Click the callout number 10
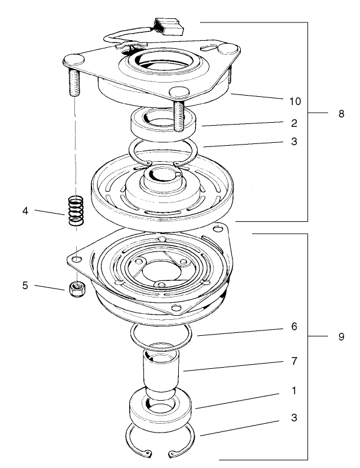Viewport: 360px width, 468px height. [294, 102]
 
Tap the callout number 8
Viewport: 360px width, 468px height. [341, 114]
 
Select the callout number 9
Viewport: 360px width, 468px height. [341, 337]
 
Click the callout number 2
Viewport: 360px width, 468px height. [294, 123]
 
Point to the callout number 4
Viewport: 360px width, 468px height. [25, 210]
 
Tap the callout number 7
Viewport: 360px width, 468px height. [294, 360]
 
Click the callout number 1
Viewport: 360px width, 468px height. [294, 391]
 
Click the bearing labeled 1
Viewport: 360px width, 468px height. [161, 412]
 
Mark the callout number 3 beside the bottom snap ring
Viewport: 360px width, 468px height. [294, 417]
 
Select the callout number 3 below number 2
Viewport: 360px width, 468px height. [294, 142]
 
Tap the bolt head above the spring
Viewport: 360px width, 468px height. [73, 59]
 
